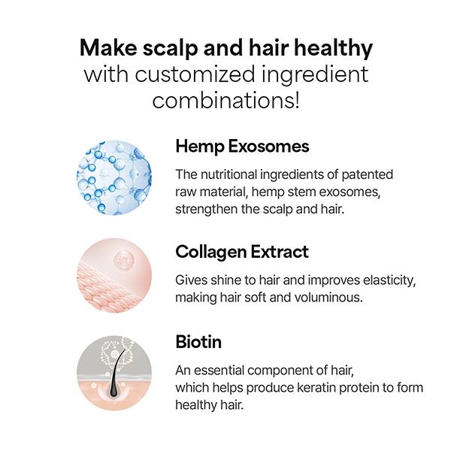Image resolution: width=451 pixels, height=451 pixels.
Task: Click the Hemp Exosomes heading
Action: [x=242, y=147]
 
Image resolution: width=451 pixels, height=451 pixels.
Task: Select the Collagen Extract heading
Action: [x=242, y=253]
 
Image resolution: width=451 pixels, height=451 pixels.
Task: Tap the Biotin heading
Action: [x=198, y=342]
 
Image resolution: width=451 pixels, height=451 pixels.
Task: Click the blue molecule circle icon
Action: [x=114, y=177]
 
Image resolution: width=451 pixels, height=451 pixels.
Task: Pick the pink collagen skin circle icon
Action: [x=114, y=275]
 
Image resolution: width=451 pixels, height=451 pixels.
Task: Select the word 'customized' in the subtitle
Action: [x=195, y=74]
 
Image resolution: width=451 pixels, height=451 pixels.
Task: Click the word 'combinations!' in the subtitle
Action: [x=225, y=100]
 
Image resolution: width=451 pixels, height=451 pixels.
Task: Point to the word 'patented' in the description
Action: [x=368, y=175]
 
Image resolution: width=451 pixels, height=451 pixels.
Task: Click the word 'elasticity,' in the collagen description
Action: [x=389, y=280]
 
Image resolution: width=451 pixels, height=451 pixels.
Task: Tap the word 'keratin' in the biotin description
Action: [x=316, y=388]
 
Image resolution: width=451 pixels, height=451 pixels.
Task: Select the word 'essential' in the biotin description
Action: [x=219, y=371]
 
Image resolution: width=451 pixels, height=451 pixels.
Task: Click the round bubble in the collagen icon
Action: [x=124, y=261]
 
